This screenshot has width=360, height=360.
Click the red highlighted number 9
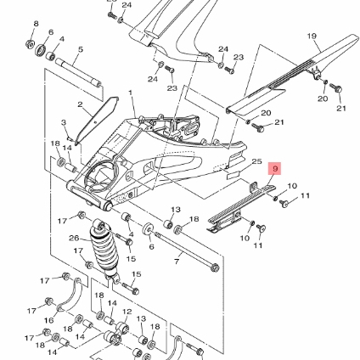[275, 169]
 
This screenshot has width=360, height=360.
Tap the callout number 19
[312, 37]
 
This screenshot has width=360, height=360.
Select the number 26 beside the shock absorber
[74, 238]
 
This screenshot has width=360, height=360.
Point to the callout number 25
[256, 161]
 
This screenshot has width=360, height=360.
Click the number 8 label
[36, 24]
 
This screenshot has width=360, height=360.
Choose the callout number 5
[81, 49]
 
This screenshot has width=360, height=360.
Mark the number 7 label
[177, 262]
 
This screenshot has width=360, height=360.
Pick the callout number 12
[127, 312]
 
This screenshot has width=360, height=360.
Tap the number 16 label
[49, 320]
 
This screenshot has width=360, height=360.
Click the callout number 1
[131, 93]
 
